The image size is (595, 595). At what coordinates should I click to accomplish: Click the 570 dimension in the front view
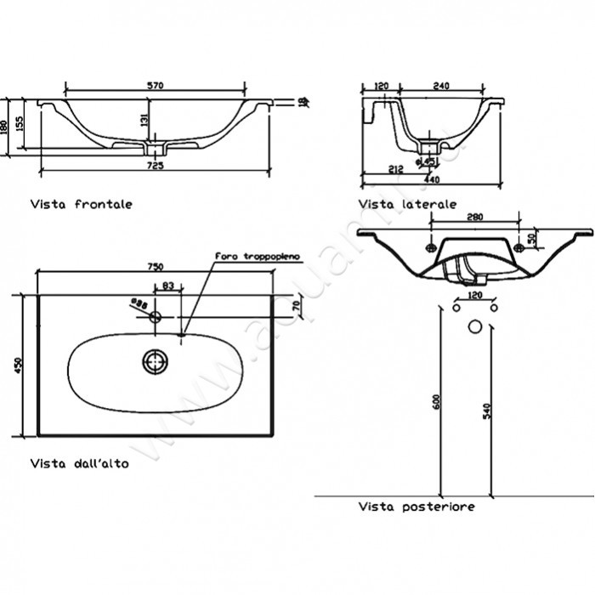[x=155, y=86]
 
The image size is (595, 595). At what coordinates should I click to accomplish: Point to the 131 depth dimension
[x=144, y=122]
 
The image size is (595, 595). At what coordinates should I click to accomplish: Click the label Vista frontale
[x=82, y=205]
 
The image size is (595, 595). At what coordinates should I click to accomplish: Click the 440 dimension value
[x=432, y=180]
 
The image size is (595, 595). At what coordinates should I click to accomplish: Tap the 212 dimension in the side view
[x=395, y=169]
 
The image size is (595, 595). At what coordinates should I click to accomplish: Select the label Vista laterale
[x=407, y=205]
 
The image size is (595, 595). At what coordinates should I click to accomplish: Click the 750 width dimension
[x=156, y=266]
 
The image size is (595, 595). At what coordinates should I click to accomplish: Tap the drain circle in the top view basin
[x=155, y=361]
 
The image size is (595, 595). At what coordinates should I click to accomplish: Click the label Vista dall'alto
[x=80, y=464]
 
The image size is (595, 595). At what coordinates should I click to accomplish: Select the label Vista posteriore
[x=416, y=507]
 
